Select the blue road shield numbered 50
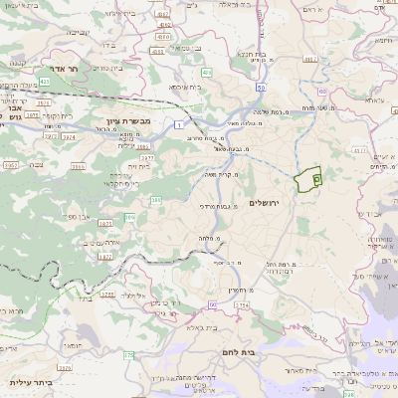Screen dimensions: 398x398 coord(324,93)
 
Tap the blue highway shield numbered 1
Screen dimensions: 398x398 coord(177,123)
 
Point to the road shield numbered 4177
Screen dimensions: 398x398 coord(309,60)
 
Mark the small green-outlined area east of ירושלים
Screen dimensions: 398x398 coord(309,178)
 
